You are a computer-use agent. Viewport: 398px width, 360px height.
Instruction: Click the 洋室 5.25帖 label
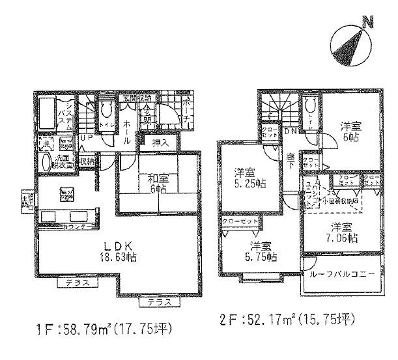(249, 178)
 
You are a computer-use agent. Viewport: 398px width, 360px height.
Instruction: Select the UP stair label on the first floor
(85, 139)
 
